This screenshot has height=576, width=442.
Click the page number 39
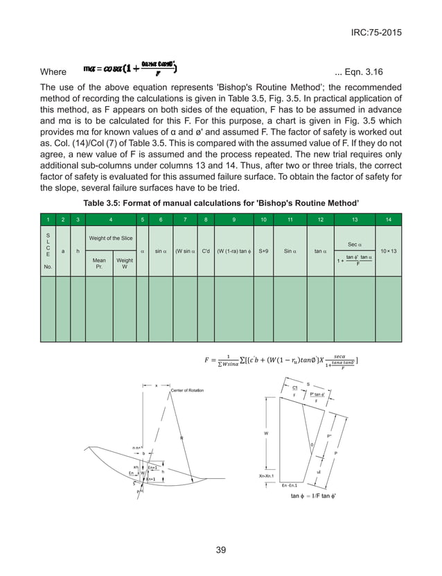click(x=221, y=550)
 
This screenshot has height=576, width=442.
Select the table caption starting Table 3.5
click(x=221, y=203)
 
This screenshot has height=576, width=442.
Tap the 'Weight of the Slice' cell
click(x=111, y=238)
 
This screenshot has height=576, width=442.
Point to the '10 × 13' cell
click(x=389, y=251)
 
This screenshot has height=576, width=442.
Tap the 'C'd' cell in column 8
click(x=205, y=251)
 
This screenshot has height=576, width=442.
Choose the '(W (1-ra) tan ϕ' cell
click(x=233, y=251)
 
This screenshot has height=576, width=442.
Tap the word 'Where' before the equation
click(x=53, y=72)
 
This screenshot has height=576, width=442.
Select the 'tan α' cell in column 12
click(x=320, y=251)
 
